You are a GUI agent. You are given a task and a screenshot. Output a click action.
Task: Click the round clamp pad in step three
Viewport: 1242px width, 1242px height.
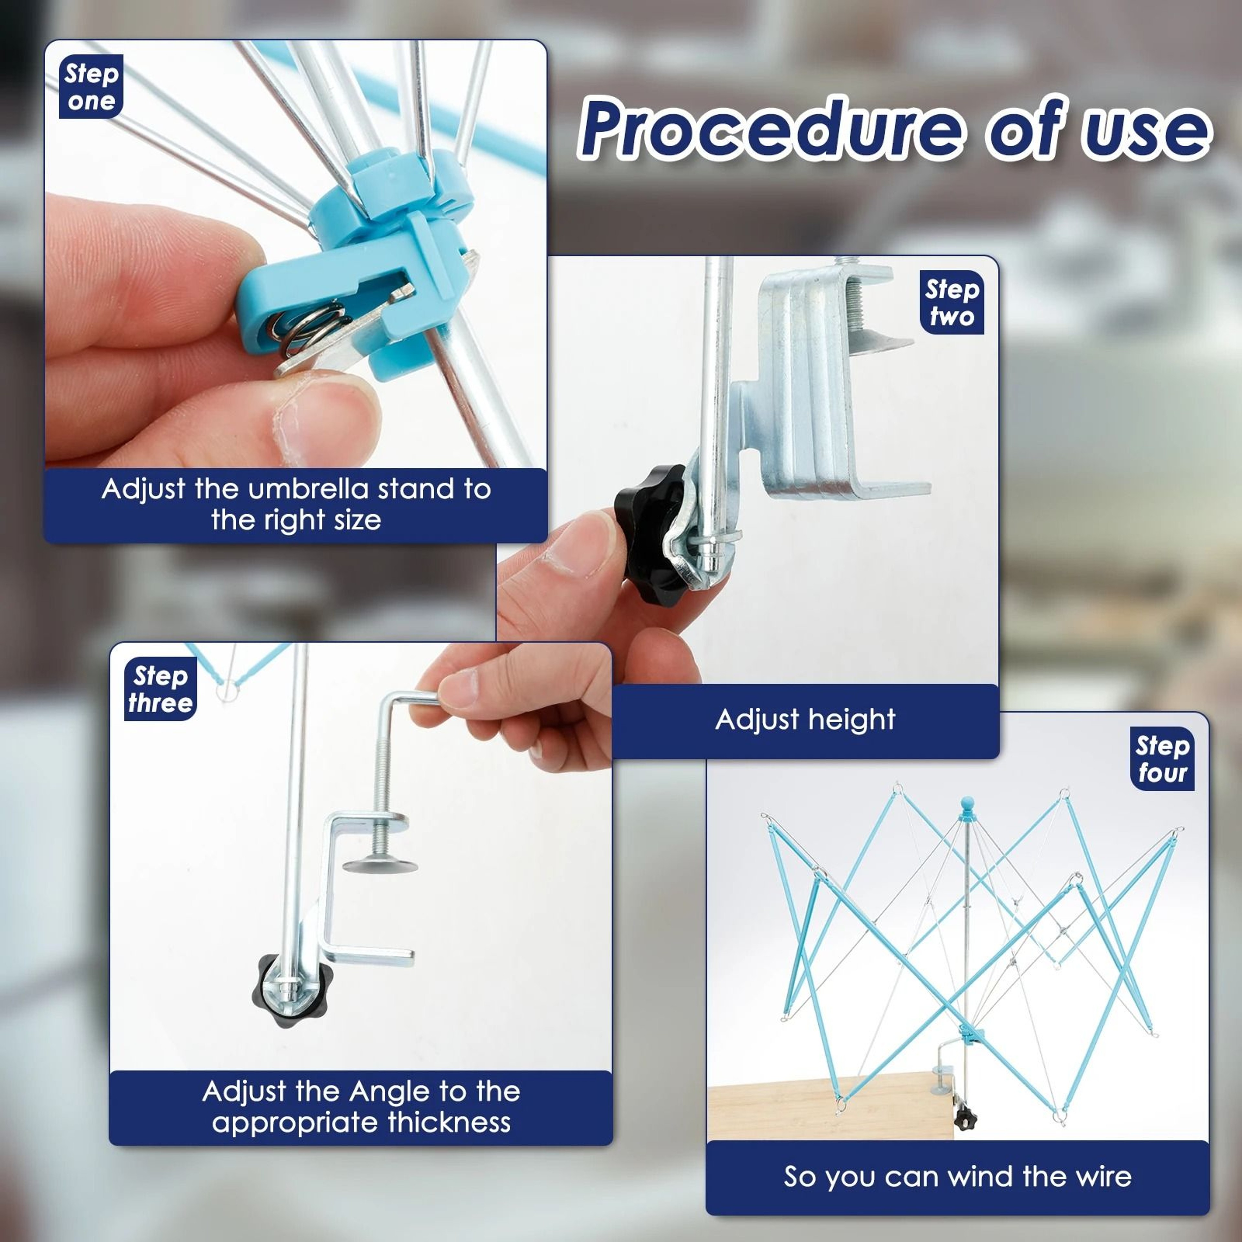coord(379,865)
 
